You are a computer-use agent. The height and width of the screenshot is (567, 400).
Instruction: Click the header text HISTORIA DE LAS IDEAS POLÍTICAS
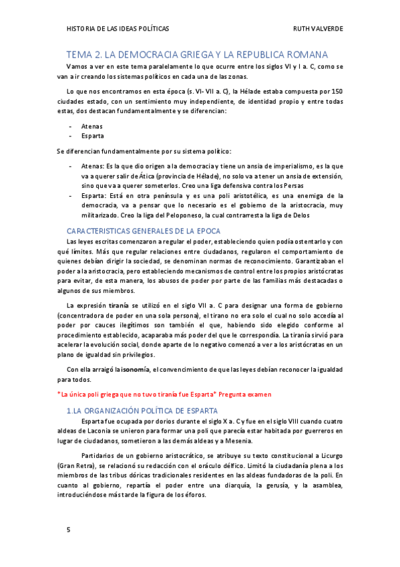(x=118, y=29)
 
